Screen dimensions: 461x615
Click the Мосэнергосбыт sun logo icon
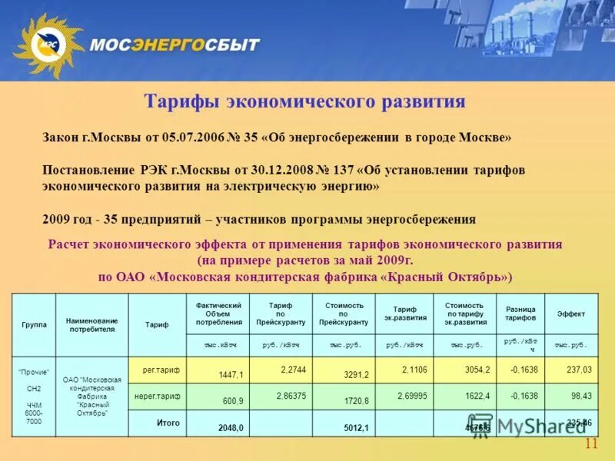(x=46, y=44)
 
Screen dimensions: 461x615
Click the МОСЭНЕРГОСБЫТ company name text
(x=175, y=45)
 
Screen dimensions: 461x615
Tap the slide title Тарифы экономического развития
(x=305, y=102)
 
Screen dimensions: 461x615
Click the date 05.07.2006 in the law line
(x=193, y=138)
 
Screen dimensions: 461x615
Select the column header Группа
(x=34, y=325)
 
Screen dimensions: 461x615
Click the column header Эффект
(x=570, y=314)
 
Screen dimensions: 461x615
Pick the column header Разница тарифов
(x=520, y=314)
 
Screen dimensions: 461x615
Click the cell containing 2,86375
(x=292, y=396)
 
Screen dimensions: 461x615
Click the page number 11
(x=590, y=444)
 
